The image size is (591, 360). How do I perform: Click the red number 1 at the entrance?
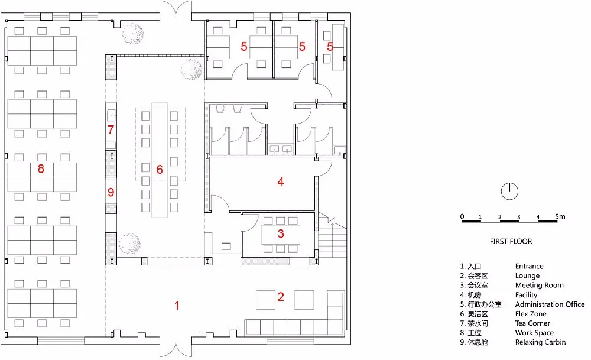coord(176,306)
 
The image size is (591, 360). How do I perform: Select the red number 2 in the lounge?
coord(281,297)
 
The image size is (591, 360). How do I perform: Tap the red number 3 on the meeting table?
coord(281,233)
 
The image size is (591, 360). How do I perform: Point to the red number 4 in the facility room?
coord(281,182)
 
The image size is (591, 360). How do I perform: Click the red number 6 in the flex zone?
coord(160,169)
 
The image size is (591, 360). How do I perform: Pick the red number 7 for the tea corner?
coord(110,129)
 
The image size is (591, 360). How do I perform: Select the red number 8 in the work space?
coord(40,169)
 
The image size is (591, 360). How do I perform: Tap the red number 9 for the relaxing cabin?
coord(110,192)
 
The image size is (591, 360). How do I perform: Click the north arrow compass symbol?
coord(509,191)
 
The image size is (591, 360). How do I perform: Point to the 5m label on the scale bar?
coord(560,216)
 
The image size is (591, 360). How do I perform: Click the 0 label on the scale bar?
coord(462,216)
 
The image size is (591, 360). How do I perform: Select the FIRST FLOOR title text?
coord(511,241)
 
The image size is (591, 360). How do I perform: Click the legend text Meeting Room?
coord(539,286)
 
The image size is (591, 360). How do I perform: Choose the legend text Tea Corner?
coord(532,323)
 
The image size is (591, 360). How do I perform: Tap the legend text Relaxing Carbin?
coord(540,342)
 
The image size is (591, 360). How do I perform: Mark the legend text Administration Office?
coord(550,304)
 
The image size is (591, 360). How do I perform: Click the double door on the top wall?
coord(176,11)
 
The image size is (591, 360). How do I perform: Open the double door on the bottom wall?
coord(176,349)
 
